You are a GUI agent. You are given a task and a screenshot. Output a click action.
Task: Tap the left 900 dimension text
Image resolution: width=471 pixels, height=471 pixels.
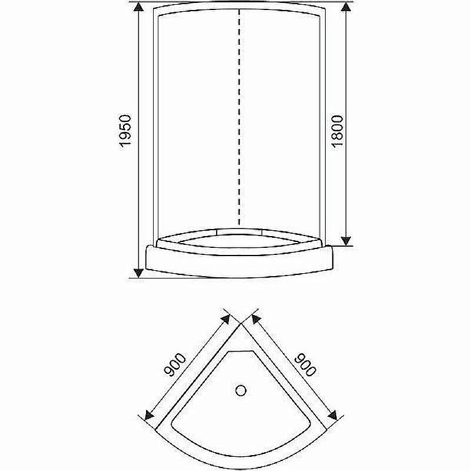[175, 366]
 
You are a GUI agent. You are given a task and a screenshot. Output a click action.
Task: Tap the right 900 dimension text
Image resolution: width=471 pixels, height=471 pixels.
[306, 364]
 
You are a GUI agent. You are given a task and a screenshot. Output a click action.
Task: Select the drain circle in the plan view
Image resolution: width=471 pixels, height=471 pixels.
[241, 390]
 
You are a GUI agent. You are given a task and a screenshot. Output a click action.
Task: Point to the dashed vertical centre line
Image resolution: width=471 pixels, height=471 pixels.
[239, 118]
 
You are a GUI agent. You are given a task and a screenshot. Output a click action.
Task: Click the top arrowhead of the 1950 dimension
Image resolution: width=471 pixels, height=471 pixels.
[138, 8]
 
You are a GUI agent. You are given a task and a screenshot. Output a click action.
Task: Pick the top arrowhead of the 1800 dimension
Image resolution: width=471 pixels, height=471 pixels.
[347, 8]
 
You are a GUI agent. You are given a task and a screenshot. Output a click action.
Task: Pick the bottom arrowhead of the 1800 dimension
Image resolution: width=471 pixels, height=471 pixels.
[347, 240]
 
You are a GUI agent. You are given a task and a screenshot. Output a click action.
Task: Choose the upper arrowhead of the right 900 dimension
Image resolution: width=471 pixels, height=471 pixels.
[256, 319]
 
